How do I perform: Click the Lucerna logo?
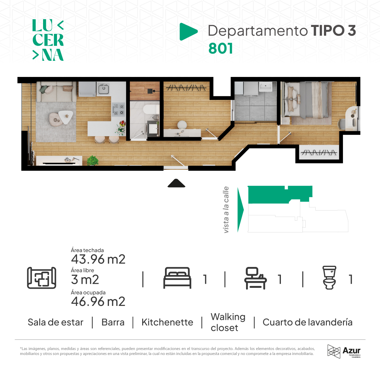coord(48,40)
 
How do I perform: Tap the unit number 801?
coord(220,48)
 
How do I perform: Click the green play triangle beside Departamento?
coord(188,32)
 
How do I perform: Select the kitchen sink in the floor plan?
coord(104,89)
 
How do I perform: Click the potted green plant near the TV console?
coord(92,160)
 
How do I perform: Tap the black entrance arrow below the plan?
coord(176,183)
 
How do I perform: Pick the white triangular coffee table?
coord(66,116)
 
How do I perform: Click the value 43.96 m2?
coord(98,259)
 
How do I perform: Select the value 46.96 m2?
coord(98,301)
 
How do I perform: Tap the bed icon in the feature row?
coord(177,278)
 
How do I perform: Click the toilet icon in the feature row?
coord(329,277)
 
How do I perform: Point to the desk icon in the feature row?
coord(255,278)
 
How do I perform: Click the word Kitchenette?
coord(167,322)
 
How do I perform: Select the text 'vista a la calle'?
coord(226,210)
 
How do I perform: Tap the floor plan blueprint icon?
coord(41,278)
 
